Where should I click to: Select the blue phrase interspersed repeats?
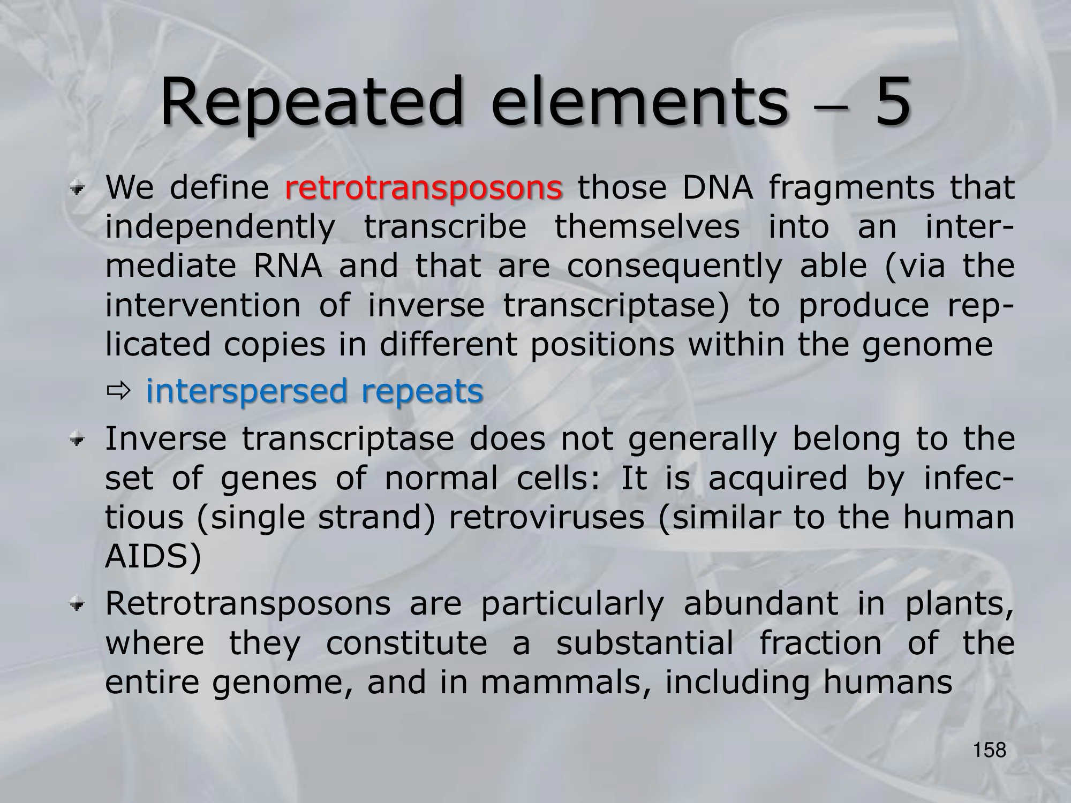[x=315, y=391]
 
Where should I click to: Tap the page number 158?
[x=990, y=750]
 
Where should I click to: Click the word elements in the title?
[x=640, y=102]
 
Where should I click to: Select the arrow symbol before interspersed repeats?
[x=118, y=392]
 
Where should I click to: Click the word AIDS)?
[x=153, y=557]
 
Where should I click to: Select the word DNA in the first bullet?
[x=718, y=188]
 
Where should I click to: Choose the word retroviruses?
[x=547, y=518]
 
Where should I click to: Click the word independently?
[x=221, y=228]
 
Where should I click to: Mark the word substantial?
[x=645, y=643]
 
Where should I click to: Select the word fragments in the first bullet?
[x=852, y=188]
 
